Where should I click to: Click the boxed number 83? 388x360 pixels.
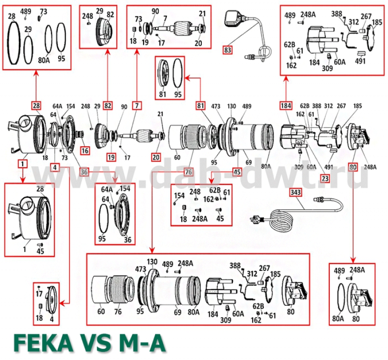tap(227, 49)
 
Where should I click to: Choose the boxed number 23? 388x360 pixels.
tap(324, 178)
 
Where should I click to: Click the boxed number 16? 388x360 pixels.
tap(85, 151)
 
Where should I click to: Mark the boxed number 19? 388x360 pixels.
tap(112, 157)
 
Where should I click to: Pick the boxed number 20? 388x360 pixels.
tap(156, 157)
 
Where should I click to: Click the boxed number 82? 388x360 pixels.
tap(108, 105)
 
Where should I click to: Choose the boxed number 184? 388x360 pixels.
tap(286, 105)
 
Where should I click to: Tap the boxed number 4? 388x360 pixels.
tap(56, 168)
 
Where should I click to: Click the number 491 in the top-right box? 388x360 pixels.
tap(361, 62)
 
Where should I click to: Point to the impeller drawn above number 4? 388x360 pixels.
tap(51, 299)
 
